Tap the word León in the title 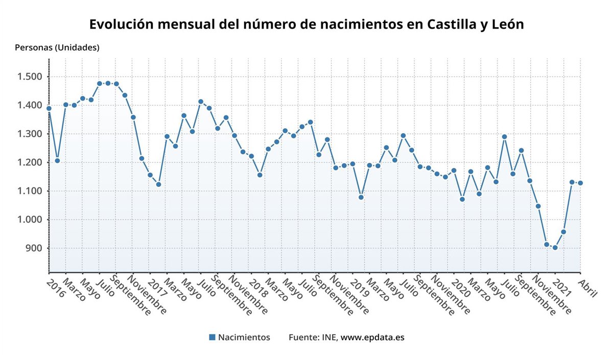(x=506, y=25)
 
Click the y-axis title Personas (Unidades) (x=57, y=47)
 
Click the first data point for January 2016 (x=49, y=108)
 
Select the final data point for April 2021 (x=580, y=183)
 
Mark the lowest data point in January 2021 (x=555, y=248)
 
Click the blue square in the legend (x=212, y=337)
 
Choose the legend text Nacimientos (x=244, y=337)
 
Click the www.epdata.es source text (x=372, y=337)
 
